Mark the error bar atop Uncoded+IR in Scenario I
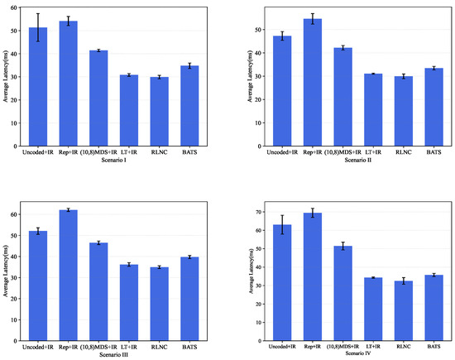click(x=37, y=27)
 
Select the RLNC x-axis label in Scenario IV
click(x=403, y=347)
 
